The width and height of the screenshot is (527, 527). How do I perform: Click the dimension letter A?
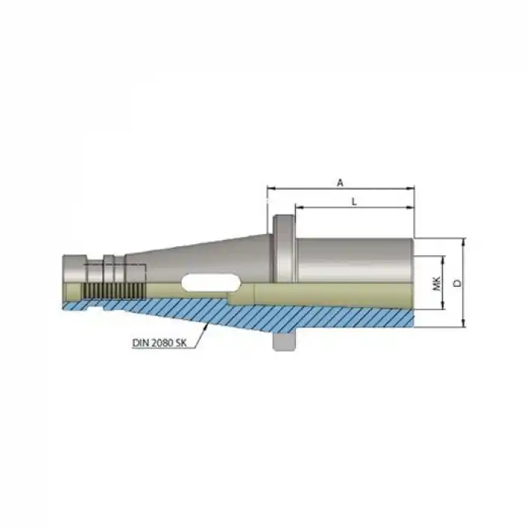tap(340, 182)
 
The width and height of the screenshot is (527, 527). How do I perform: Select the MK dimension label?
tap(436, 283)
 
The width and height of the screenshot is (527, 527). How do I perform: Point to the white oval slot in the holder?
tap(210, 282)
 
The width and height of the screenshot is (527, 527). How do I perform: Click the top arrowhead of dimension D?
tap(464, 242)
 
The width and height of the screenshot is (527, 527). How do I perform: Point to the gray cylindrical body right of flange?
tap(354, 260)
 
